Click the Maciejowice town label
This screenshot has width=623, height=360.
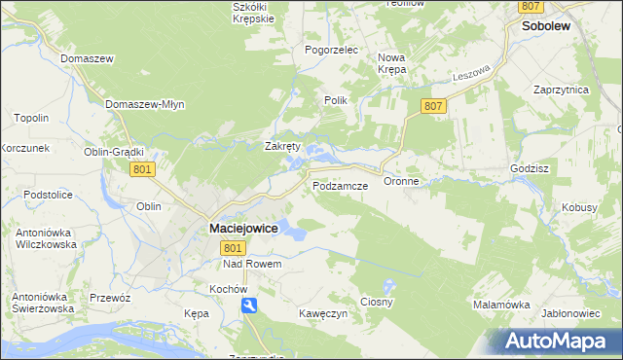[x=242, y=228]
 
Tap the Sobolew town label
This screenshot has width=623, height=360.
[x=546, y=28]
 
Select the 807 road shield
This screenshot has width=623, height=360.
[x=434, y=105]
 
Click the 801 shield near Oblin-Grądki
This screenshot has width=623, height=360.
[x=142, y=169]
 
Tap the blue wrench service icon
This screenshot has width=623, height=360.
[x=251, y=306]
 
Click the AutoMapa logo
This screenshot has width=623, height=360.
[x=556, y=342]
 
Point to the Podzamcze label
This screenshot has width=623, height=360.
[x=339, y=185]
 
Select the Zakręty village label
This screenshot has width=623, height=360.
[x=284, y=147]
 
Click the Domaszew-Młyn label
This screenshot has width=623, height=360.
[x=144, y=104]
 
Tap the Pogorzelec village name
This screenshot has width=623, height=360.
[x=332, y=50]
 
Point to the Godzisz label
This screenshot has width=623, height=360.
[x=531, y=168]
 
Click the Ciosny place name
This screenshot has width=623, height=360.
[x=377, y=302]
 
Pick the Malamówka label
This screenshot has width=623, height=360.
[x=501, y=305]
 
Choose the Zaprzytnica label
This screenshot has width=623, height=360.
[x=562, y=89]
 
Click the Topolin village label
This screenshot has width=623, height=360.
[x=31, y=118]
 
